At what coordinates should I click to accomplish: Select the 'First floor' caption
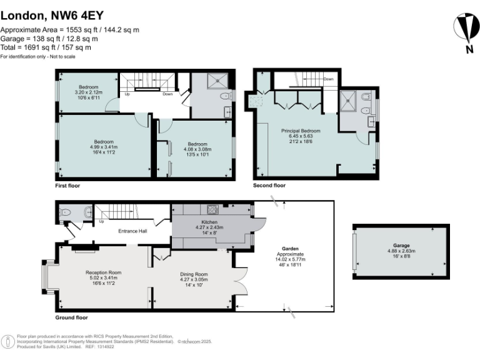67,186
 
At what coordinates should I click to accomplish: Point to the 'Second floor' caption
269,186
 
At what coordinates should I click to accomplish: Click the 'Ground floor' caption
71,317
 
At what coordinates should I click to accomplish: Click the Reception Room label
103,273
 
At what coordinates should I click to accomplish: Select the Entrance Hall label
132,231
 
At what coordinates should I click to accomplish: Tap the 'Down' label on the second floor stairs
328,79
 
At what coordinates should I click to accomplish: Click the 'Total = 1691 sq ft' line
46,47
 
